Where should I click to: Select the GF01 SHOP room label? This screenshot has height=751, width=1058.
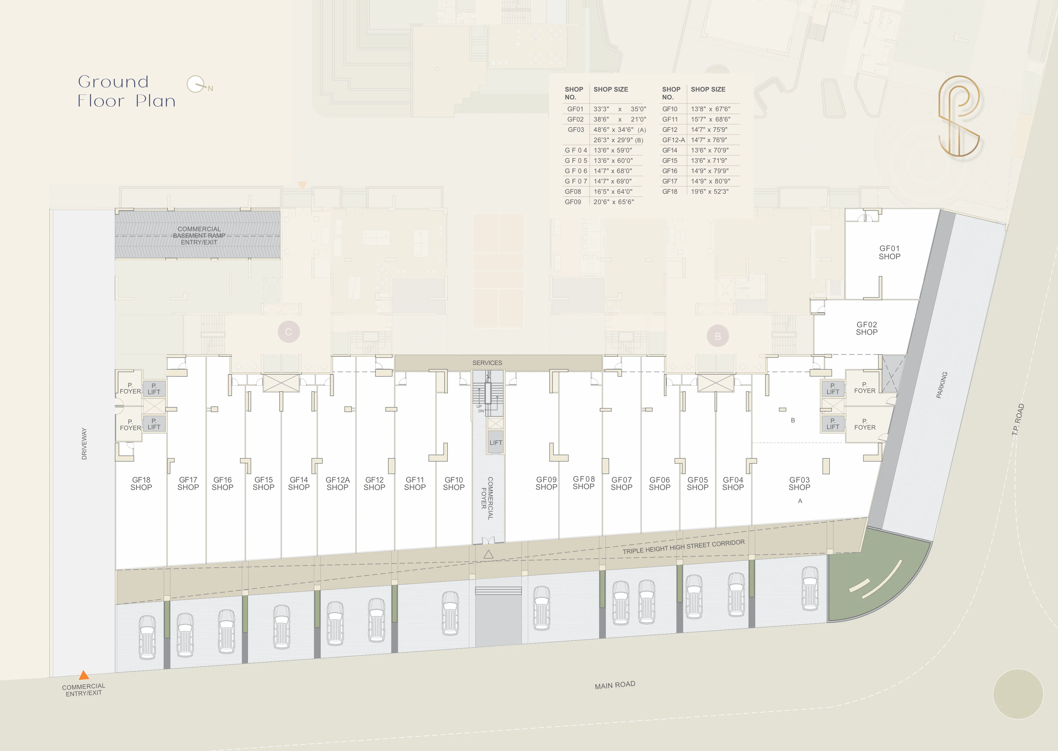coord(889,252)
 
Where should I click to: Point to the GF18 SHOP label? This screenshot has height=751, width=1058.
coord(141,484)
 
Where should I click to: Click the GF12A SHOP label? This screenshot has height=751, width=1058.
coord(337,484)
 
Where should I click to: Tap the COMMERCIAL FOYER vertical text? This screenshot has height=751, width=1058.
coord(487,498)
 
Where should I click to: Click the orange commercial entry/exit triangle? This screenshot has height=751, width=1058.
coord(84,675)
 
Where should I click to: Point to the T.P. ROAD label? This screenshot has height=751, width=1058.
coord(1018,420)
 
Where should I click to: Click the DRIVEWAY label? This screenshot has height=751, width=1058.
coord(84,444)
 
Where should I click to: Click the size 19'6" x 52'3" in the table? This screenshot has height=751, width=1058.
coord(709,192)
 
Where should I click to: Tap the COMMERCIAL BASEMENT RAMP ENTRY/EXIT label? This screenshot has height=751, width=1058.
coord(199,235)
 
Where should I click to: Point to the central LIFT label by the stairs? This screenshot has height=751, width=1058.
coord(496,442)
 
